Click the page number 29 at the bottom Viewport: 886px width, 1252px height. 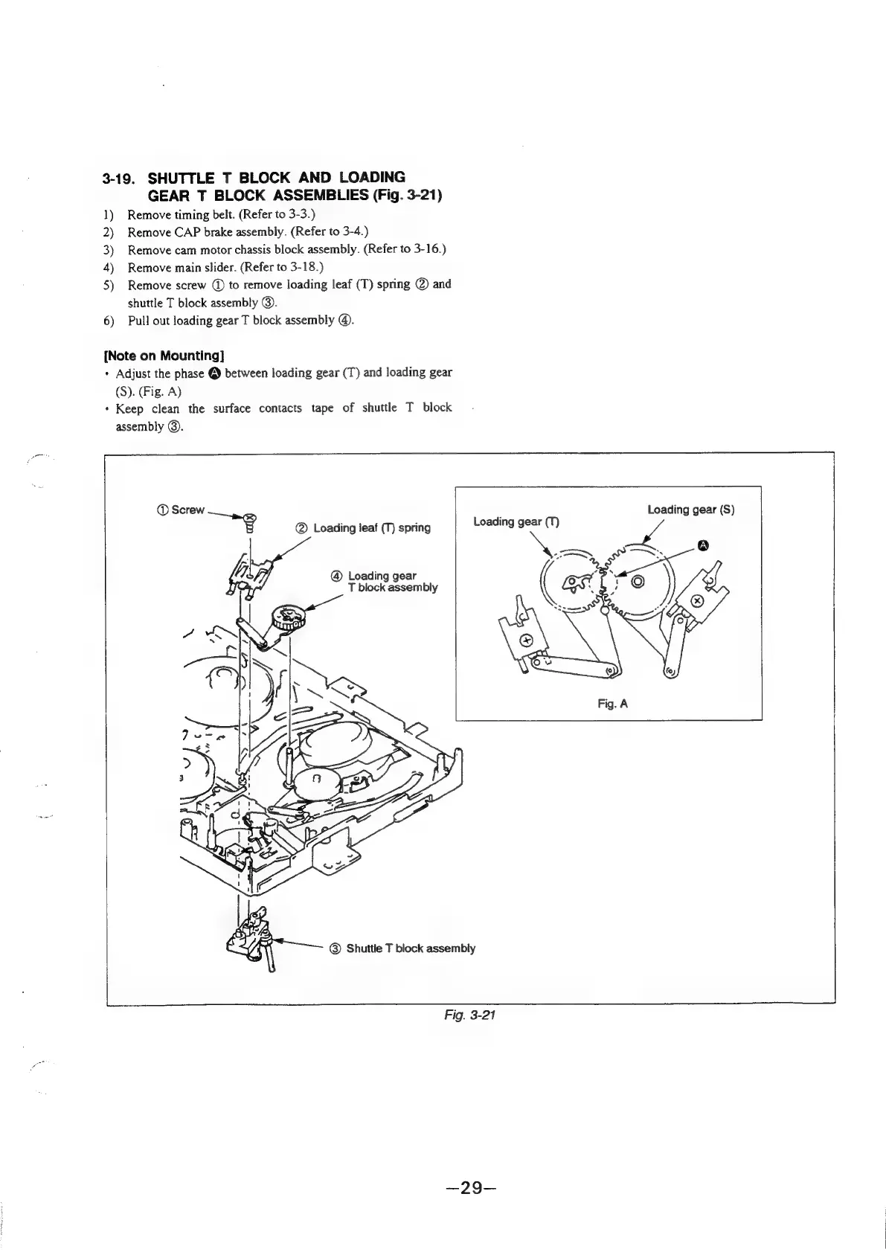click(x=468, y=1188)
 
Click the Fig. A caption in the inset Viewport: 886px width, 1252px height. click(x=613, y=702)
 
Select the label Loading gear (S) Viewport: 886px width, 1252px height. click(x=690, y=510)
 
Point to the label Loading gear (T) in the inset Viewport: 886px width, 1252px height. click(x=516, y=521)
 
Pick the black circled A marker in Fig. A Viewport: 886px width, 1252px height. click(x=702, y=547)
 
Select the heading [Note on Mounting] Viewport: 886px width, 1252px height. click(x=163, y=354)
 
